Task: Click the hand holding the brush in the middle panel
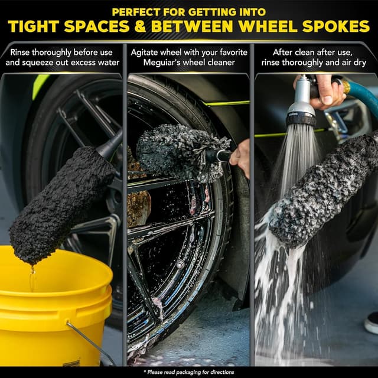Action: [x=241, y=157]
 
